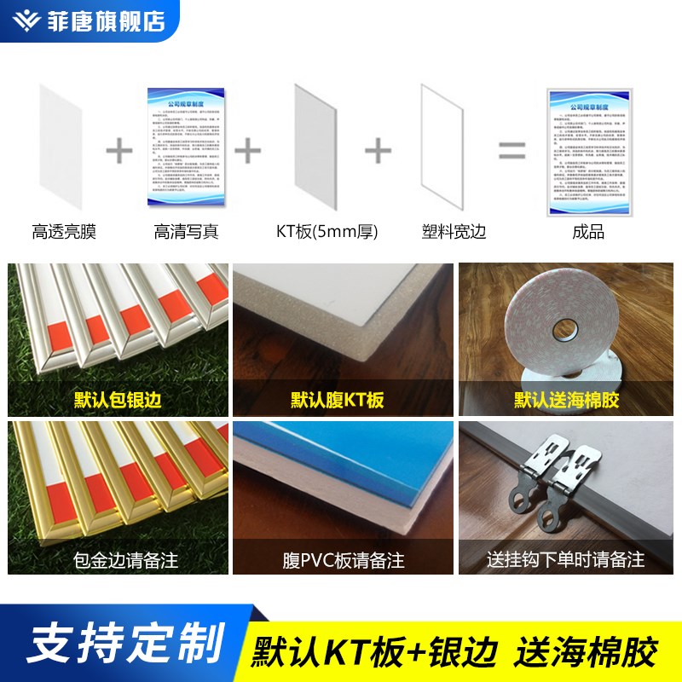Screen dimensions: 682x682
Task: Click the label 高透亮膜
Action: [x=65, y=231]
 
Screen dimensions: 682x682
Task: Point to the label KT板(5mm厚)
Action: [x=327, y=231]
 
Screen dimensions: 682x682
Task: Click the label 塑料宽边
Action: [x=454, y=231]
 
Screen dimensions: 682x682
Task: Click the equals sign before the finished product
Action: [x=511, y=153]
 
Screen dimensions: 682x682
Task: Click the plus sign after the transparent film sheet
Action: [x=119, y=153]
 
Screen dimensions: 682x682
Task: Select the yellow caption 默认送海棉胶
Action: [x=565, y=400]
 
